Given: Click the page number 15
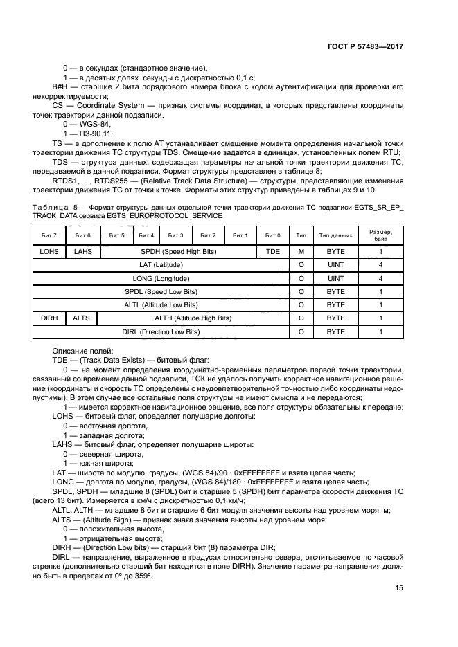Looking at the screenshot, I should point(398,588).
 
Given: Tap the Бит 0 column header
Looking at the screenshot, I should point(274,236).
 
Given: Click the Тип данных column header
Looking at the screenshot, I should point(335,236).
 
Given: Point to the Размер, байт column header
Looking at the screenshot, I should point(380,236).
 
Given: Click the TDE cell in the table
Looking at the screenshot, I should point(274,252).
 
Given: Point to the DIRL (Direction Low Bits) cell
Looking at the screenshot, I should point(161,332).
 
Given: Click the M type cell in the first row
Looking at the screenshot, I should point(301,252).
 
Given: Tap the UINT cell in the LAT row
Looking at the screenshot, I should point(335,265).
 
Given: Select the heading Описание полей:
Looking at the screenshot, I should point(76,351).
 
